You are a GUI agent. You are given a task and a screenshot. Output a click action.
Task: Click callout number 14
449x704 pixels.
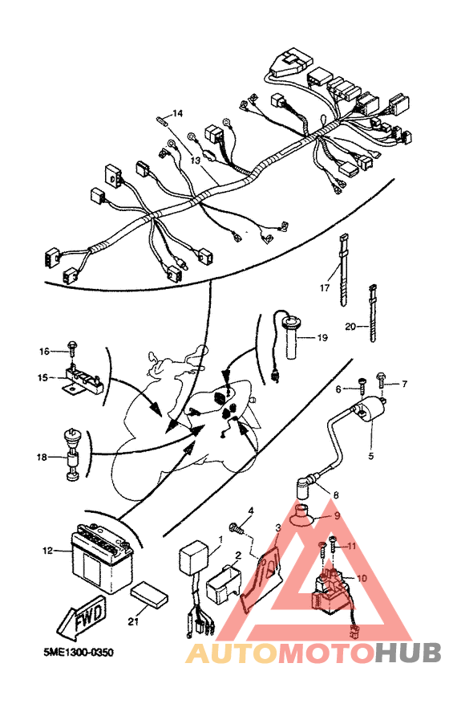(x=177, y=112)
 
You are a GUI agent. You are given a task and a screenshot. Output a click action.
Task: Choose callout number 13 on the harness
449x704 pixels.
(x=195, y=161)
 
